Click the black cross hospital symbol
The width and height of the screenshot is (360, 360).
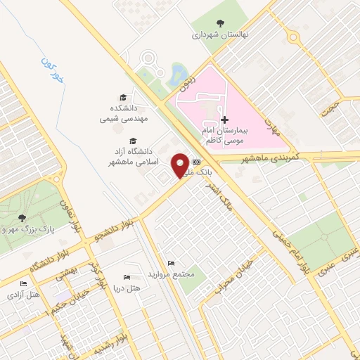[x=225, y=120]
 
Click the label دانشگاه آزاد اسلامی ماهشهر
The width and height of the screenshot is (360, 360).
[x=132, y=157]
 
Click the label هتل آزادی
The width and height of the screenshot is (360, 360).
[x=23, y=294]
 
